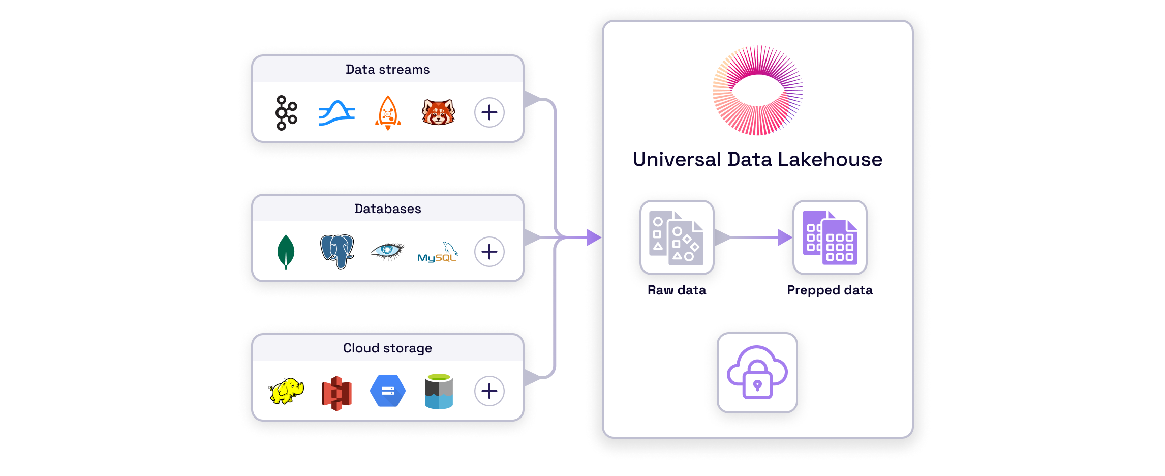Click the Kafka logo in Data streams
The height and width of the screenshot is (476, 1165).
(286, 113)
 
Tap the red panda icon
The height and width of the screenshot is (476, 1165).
(438, 112)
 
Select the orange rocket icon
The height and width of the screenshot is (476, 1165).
(388, 113)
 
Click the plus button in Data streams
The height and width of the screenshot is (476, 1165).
(489, 112)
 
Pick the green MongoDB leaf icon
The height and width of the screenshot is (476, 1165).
(286, 252)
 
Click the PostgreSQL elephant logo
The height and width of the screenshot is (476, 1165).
(337, 251)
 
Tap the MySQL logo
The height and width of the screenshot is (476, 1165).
(437, 253)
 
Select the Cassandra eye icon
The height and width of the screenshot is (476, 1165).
(387, 251)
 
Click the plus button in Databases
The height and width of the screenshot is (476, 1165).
(489, 252)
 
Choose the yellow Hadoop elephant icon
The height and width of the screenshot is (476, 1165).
(286, 391)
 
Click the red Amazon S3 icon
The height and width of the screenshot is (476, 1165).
(337, 393)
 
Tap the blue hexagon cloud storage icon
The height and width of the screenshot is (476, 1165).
(388, 391)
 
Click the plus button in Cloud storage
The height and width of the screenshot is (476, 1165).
(489, 391)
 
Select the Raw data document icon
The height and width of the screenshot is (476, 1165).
(677, 237)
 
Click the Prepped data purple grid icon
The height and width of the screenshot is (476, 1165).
(830, 237)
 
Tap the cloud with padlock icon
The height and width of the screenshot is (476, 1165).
(757, 373)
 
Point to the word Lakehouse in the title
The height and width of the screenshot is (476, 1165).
(830, 160)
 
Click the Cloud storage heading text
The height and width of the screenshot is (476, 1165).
(387, 348)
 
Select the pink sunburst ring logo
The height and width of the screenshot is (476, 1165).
(757, 91)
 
